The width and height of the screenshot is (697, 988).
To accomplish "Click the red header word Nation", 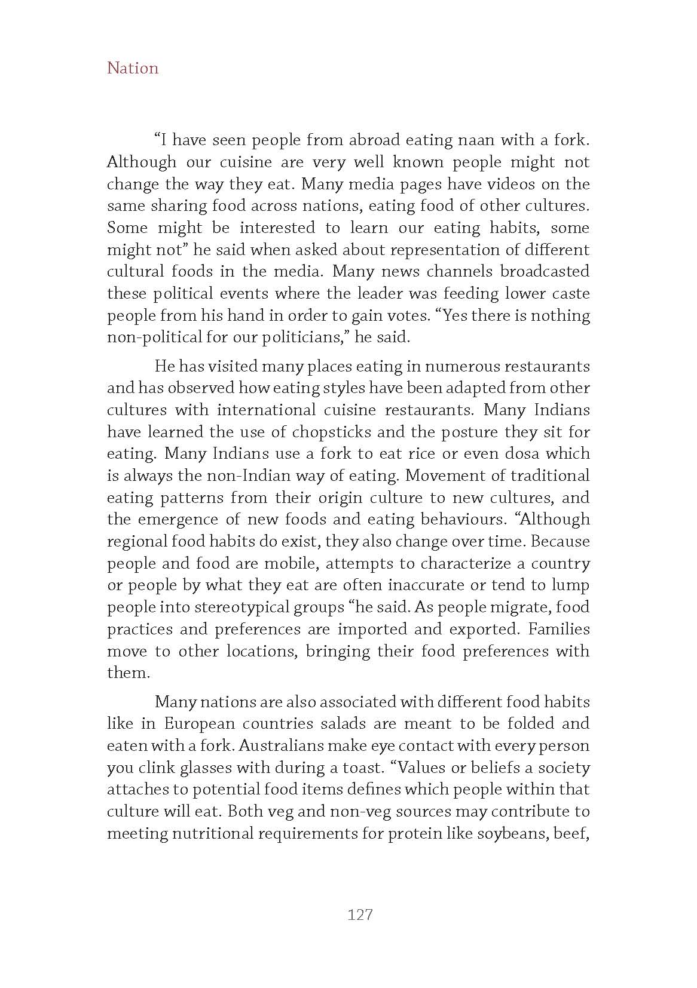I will click(133, 68).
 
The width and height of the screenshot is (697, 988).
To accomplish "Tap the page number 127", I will click(360, 914).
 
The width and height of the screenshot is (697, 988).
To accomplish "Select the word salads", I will click(340, 723).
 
